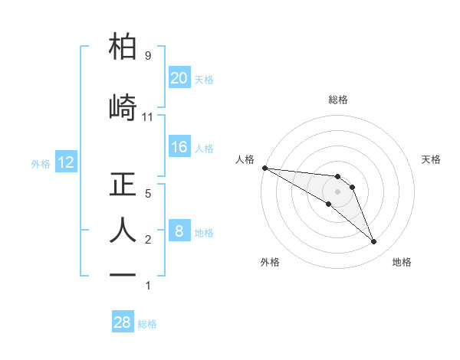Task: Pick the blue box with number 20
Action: (x=179, y=77)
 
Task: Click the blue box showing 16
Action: (x=179, y=147)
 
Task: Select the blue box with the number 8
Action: (x=179, y=231)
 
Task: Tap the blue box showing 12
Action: (x=65, y=162)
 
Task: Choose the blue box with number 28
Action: (x=123, y=322)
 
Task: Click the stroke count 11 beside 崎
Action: (x=148, y=117)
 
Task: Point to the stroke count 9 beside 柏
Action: (x=147, y=56)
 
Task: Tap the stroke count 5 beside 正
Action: (x=147, y=194)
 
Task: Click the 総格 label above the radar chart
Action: (x=338, y=100)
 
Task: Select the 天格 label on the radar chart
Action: (x=432, y=159)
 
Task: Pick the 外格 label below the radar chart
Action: (x=270, y=262)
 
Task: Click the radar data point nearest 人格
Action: (x=264, y=168)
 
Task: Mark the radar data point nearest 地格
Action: (x=374, y=242)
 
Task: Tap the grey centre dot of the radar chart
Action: (x=338, y=191)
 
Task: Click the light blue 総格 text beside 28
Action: (x=148, y=324)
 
